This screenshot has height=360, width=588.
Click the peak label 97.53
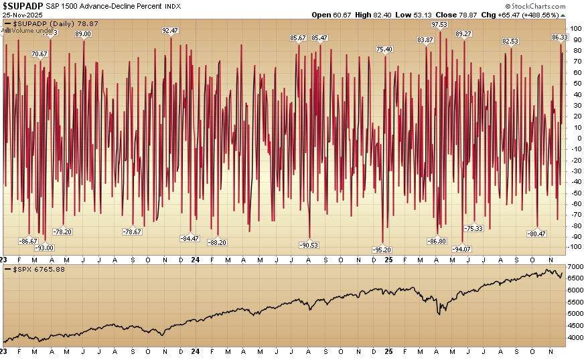click(x=439, y=24)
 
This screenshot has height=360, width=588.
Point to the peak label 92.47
click(x=170, y=30)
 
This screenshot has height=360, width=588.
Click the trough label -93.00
click(x=44, y=248)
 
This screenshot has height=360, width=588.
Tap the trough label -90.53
click(x=309, y=245)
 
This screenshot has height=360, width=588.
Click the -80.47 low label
click(x=536, y=234)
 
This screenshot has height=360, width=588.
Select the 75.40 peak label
click(x=384, y=49)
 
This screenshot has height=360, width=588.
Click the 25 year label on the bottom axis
click(x=388, y=260)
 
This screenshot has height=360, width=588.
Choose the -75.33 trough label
click(x=474, y=228)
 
